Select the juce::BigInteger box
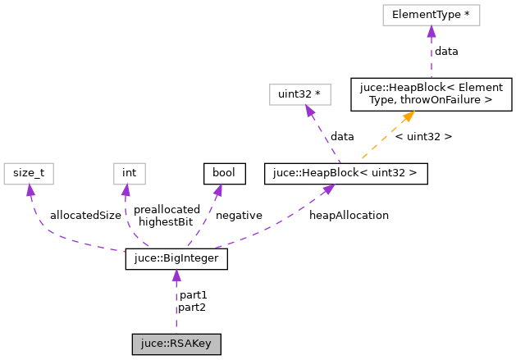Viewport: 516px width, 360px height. click(176, 260)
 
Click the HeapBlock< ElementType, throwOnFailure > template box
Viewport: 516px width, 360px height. click(432, 94)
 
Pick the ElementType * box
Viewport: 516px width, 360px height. click(430, 15)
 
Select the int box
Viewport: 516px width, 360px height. click(129, 173)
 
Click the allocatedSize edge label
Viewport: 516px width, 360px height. click(85, 215)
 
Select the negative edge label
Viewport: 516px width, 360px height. click(239, 215)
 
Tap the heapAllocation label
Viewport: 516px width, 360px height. click(349, 215)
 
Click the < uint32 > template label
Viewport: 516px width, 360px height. click(423, 136)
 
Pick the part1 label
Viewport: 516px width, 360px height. click(193, 294)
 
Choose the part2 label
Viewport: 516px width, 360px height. click(193, 307)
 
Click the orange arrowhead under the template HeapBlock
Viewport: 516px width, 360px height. click(407, 116)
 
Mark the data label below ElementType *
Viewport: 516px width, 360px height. click(446, 51)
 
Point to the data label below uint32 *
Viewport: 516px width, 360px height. click(342, 136)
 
